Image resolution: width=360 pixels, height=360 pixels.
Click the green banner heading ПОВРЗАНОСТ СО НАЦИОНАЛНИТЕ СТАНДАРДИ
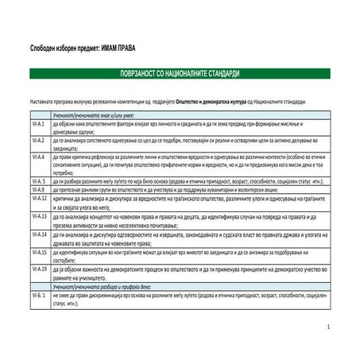(x=179, y=73)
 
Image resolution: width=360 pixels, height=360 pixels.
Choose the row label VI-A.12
(x=39, y=199)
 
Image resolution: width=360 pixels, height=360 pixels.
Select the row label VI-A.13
(x=39, y=215)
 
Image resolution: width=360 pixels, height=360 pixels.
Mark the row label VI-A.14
(x=39, y=234)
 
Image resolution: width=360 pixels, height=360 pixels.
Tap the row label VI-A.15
(x=39, y=251)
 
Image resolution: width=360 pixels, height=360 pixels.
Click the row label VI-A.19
(x=39, y=269)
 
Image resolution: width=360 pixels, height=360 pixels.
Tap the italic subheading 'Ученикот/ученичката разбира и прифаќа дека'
(x=106, y=285)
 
